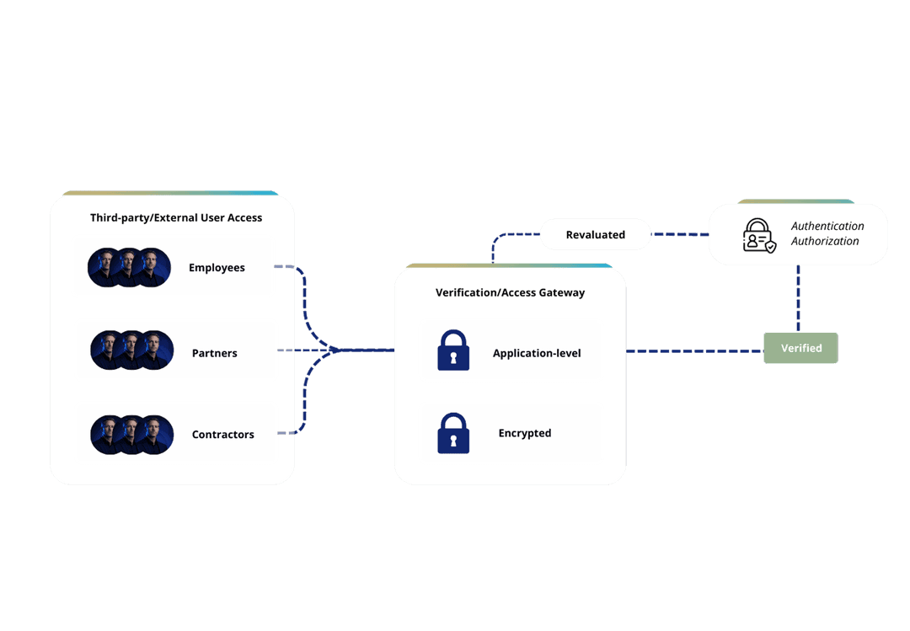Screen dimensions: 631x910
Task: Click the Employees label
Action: tap(217, 268)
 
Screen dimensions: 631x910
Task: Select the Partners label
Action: tap(214, 353)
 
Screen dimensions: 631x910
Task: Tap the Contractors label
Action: tap(222, 435)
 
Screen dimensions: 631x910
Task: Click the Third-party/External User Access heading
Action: tap(176, 218)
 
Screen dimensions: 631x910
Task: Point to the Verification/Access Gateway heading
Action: tap(510, 293)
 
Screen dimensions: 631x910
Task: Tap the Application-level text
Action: tap(537, 353)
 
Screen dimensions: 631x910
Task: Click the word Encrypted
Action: tap(524, 433)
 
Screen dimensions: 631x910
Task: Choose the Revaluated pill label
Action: tap(595, 234)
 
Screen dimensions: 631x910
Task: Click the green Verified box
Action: tap(800, 348)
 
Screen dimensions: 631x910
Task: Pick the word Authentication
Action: tap(827, 226)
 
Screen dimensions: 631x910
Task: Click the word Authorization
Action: tap(825, 241)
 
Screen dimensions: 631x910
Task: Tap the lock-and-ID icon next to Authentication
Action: tap(758, 235)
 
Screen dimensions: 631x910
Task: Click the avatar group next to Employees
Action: tap(130, 268)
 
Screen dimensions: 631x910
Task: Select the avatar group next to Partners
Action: tap(132, 350)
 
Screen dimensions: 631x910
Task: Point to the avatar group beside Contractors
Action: tap(132, 435)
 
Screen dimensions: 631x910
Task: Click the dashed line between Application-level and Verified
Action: tap(694, 350)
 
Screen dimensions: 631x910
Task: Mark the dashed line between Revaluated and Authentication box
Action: tap(679, 234)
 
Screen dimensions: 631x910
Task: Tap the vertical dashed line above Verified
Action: tap(799, 298)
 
